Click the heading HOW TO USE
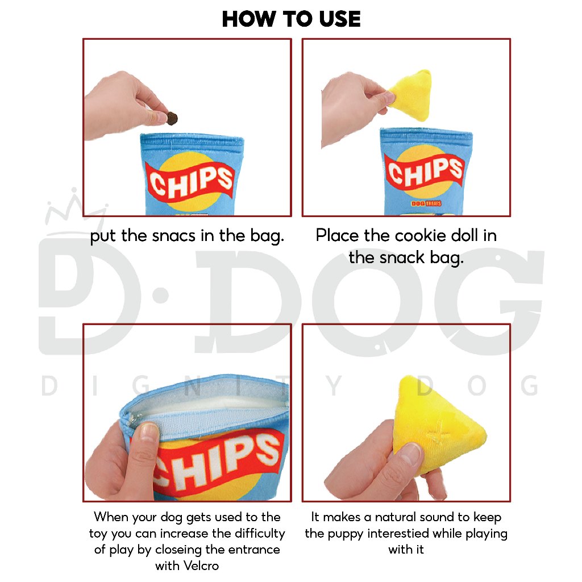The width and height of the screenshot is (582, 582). click(292, 19)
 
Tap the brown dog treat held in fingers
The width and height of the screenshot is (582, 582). click(171, 118)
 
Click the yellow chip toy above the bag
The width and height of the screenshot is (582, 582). click(410, 94)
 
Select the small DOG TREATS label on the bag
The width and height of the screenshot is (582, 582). click(426, 203)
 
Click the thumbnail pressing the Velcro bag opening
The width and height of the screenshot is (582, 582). click(147, 432)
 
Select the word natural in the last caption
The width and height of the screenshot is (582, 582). click(395, 517)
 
